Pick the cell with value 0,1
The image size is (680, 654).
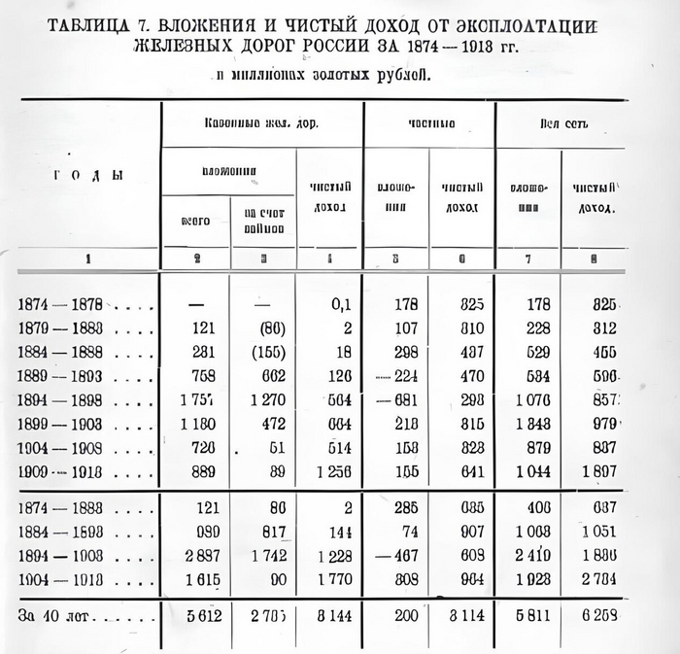(340, 305)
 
